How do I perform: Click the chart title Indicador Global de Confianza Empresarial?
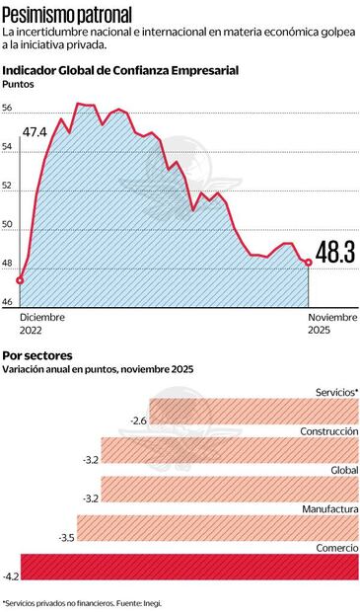point(120,70)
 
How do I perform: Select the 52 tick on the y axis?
point(8,187)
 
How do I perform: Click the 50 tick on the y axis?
point(8,225)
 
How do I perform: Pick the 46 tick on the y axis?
point(8,302)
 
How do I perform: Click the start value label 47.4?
point(36,132)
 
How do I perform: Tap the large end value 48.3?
point(335,253)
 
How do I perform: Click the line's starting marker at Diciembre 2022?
point(20,279)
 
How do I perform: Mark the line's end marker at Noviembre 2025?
point(309,263)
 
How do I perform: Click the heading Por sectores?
point(37,354)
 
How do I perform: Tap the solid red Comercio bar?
point(187,567)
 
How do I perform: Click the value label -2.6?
point(138,421)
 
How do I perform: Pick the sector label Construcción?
point(328,431)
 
